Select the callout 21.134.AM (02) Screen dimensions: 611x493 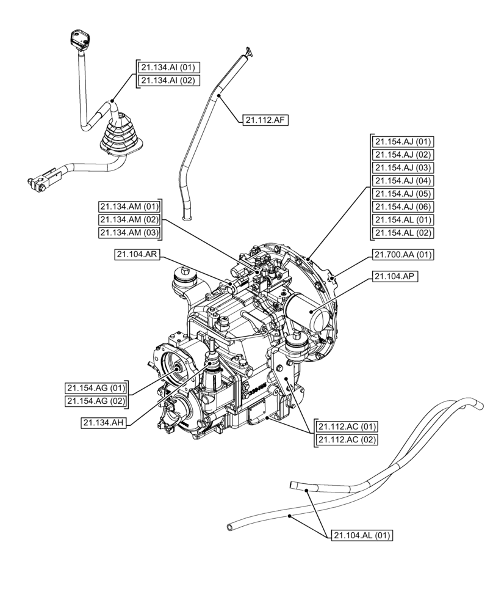pos(129,219)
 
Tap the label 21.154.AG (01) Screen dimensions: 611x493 pos(96,387)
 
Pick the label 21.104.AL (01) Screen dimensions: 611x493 pos(361,536)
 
